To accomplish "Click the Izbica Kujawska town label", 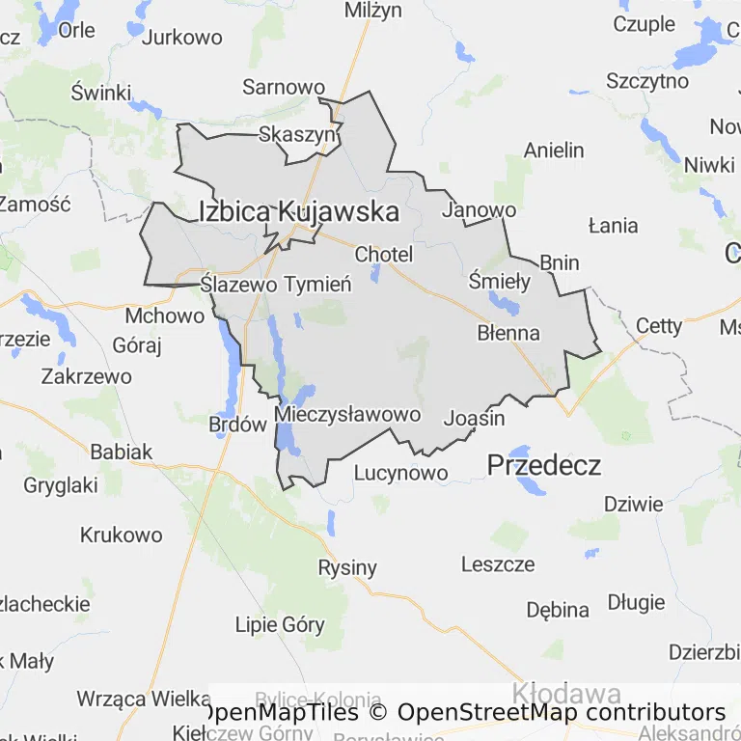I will click(x=298, y=211).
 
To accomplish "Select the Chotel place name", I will click(x=383, y=255).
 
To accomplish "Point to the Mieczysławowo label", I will click(x=347, y=415).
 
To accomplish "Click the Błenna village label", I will click(x=508, y=333).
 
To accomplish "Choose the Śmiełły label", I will click(x=498, y=282).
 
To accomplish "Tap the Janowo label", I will click(x=479, y=209).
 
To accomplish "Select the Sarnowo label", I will click(x=283, y=87).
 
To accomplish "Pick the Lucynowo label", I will click(x=400, y=473).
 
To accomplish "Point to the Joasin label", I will click(x=474, y=419).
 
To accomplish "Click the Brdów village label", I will click(x=237, y=423).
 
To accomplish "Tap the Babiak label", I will click(x=121, y=451).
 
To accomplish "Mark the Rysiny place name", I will click(x=347, y=567).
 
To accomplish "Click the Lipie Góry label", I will click(x=280, y=624).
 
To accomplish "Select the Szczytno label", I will click(x=647, y=81).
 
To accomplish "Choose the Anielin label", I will click(x=554, y=150).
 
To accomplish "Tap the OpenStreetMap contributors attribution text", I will click(x=562, y=713).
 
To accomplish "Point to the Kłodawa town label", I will click(x=565, y=693).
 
